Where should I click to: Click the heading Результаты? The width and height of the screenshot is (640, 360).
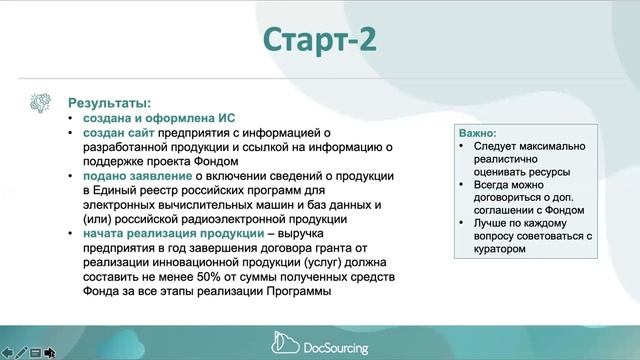click(x=109, y=103)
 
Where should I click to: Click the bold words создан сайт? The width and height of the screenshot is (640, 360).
click(x=116, y=132)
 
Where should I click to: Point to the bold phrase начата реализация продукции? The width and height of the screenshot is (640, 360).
click(x=163, y=233)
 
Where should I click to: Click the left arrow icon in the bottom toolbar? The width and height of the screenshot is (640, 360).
click(x=7, y=352)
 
